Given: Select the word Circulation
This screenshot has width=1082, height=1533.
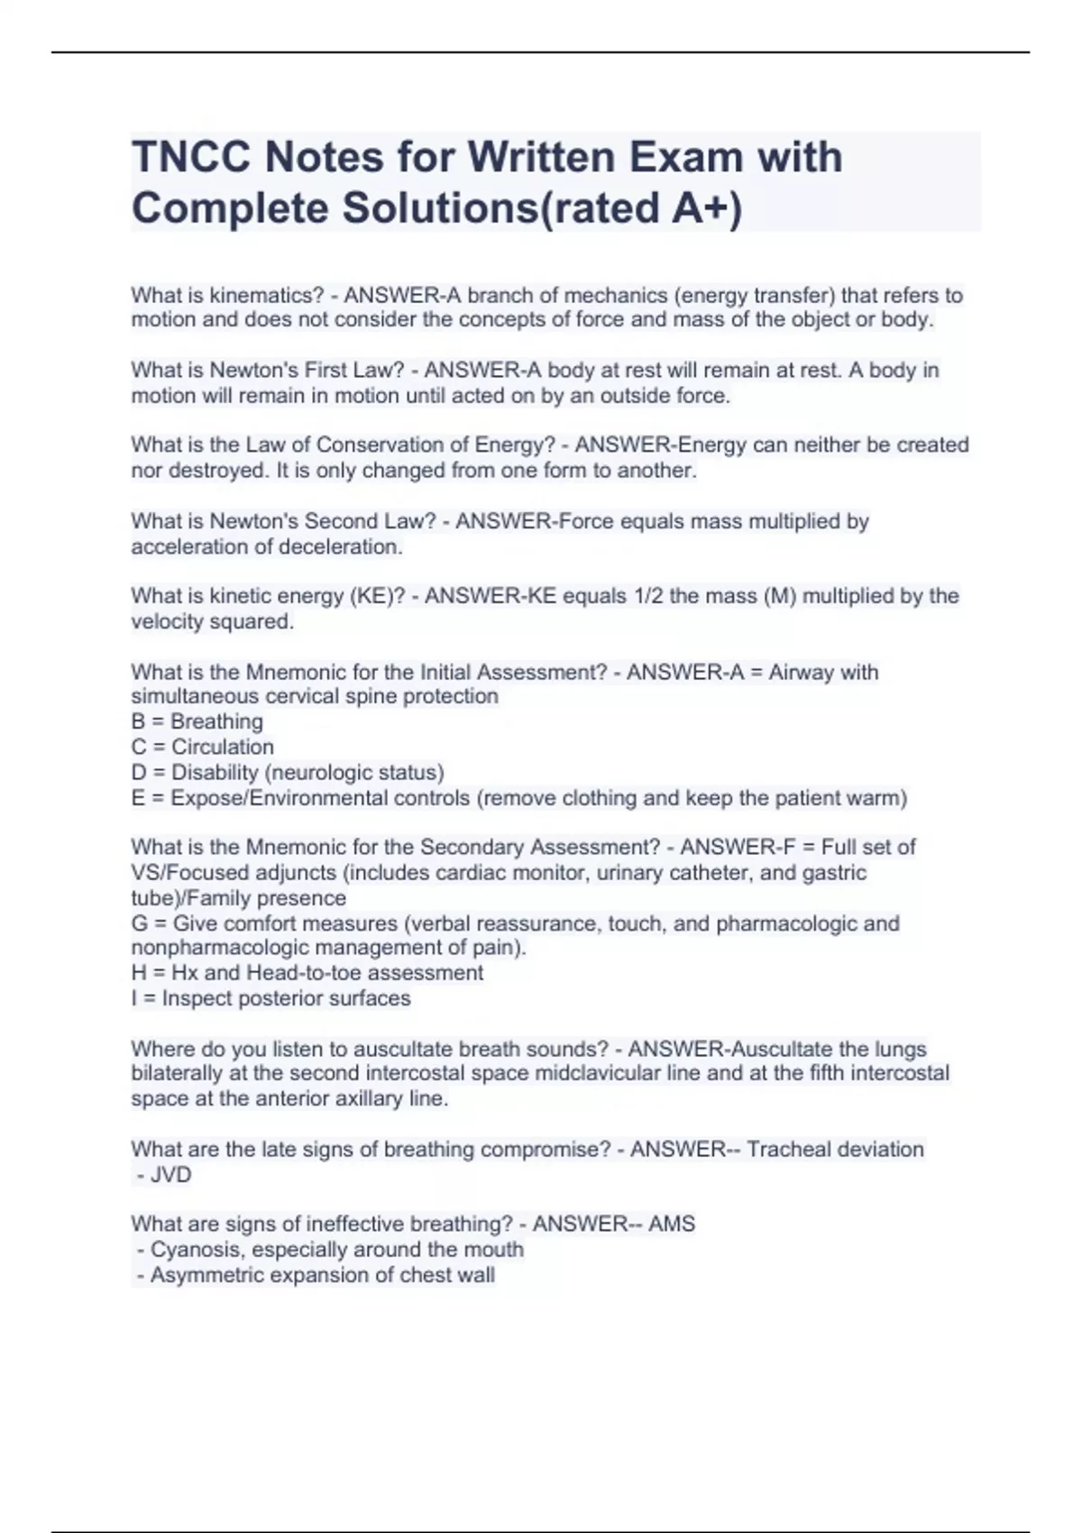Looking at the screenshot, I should coord(223,747).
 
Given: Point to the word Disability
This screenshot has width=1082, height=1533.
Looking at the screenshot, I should coord(215,773).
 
